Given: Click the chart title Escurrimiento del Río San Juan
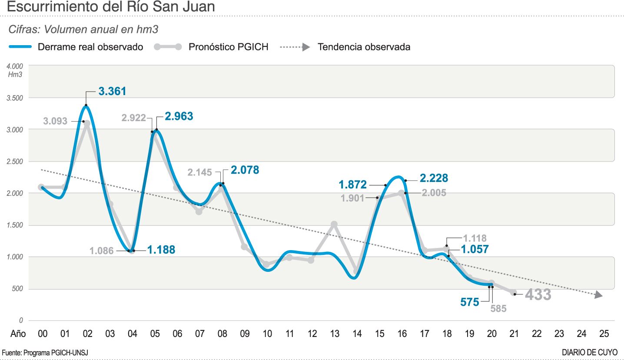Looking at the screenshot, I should [x=111, y=7].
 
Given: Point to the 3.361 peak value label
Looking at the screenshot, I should [x=112, y=92].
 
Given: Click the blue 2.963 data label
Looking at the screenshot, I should [x=179, y=116].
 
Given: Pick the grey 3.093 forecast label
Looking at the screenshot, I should [x=55, y=121].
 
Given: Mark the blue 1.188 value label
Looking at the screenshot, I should [x=161, y=250].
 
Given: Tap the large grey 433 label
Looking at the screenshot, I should [x=538, y=295].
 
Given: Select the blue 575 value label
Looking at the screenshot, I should [x=469, y=302].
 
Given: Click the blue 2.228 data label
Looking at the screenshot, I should [x=434, y=178].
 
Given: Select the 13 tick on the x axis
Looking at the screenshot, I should [x=335, y=334].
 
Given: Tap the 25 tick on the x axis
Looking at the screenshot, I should [x=604, y=334].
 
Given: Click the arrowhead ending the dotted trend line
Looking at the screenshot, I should [x=599, y=295].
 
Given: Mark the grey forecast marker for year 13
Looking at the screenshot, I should [x=334, y=225].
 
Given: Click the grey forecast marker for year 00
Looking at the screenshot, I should [x=41, y=187].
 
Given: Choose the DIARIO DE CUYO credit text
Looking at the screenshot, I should [x=589, y=352].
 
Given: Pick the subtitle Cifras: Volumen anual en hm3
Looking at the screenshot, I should [x=83, y=30].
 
